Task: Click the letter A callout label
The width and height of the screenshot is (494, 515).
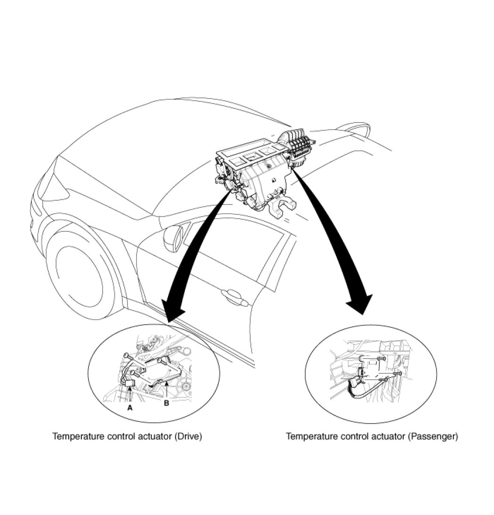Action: (x=130, y=408)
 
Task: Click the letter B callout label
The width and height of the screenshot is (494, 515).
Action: (x=166, y=403)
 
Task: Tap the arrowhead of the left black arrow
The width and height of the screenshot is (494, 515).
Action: (x=172, y=309)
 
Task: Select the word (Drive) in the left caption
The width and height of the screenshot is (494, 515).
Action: (x=188, y=437)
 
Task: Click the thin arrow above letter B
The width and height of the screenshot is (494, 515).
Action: (x=167, y=391)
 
